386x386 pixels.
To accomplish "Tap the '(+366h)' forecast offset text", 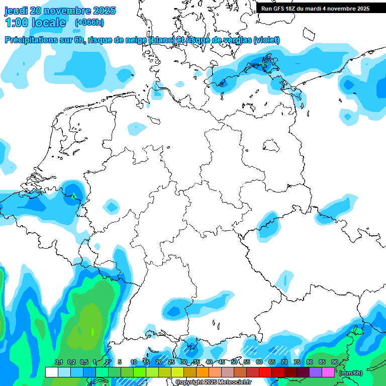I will pos(89,22).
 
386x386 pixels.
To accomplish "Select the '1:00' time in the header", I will pos(16,23).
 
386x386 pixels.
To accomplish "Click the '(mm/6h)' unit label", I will pos(351,373).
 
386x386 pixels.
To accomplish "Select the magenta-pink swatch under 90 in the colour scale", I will pos(328,372).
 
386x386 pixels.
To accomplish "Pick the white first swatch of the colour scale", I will pos(51,372).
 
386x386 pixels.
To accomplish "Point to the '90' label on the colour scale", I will pos(335,362).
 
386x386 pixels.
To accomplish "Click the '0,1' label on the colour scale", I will pos(58,362).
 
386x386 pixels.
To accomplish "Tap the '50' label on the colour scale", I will pos(234,362).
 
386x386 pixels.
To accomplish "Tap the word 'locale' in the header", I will pos(48,23).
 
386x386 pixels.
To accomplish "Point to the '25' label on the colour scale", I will pos(171,362).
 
